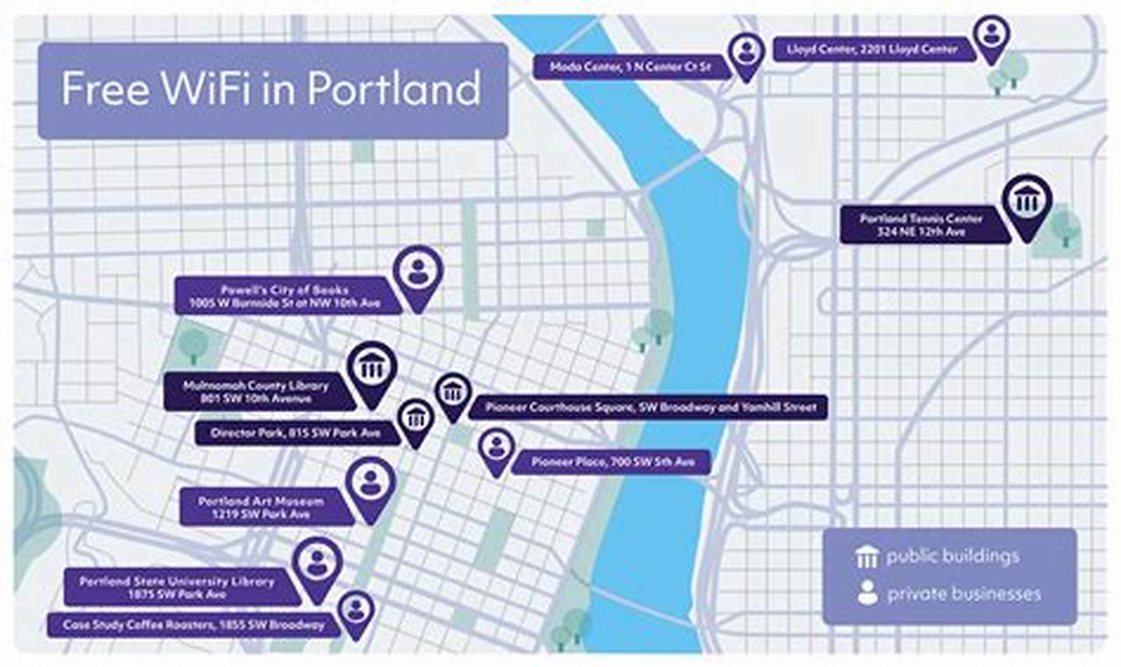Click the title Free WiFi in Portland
coord(271,90)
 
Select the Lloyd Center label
coord(874,49)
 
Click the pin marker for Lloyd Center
coord(991,36)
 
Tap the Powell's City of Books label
coord(286,296)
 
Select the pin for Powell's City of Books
coord(418,273)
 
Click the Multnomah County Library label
coord(257,392)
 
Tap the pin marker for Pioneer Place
coord(496,448)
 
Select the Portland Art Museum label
coord(261,507)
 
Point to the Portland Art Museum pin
coord(370,484)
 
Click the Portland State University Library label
coord(177,587)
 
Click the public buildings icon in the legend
coord(868,556)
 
